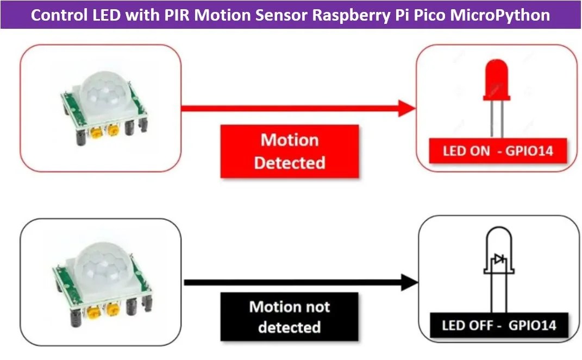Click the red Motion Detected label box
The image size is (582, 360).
[x=289, y=151]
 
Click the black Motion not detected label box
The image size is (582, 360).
[x=289, y=317]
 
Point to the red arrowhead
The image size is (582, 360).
[x=407, y=108]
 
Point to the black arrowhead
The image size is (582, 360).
[x=409, y=282]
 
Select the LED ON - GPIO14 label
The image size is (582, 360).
[x=498, y=150]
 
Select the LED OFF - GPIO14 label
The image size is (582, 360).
[x=498, y=325]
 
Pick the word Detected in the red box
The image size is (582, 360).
[x=289, y=163]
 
